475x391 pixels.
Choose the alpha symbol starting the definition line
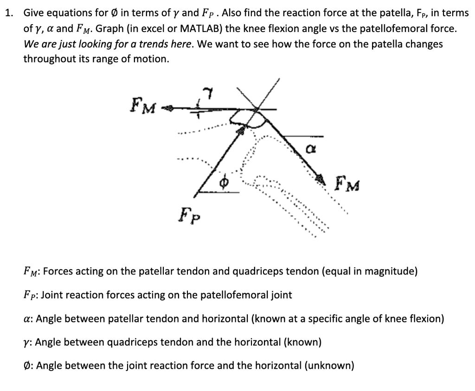[27, 319]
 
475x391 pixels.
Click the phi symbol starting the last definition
[27, 366]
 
